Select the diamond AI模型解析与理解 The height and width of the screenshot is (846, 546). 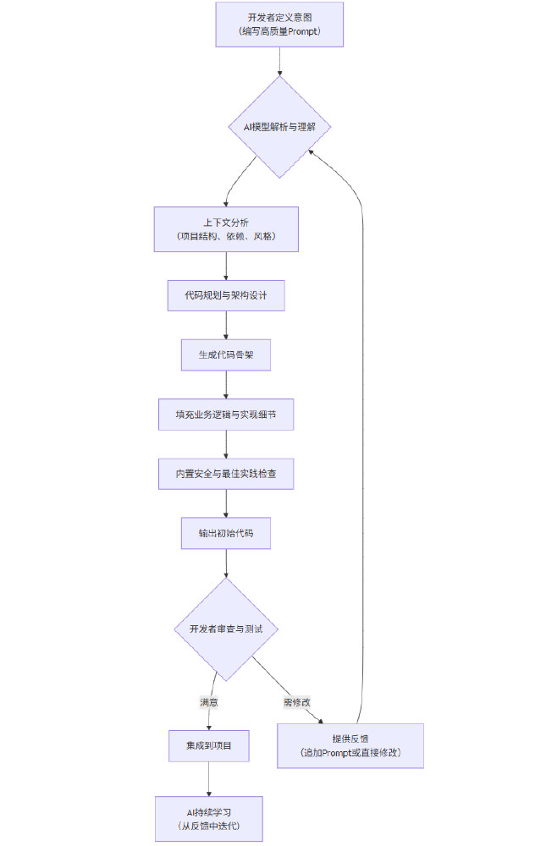coord(279,127)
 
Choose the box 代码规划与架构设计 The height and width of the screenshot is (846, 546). coord(226,296)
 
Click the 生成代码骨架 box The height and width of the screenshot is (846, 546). coord(226,355)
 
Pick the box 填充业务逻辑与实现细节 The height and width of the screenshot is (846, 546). coord(226,415)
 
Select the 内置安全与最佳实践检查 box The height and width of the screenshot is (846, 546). coord(226,475)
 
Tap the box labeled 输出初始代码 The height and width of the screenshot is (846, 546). coord(226,534)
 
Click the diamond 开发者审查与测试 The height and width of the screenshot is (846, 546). coord(226,629)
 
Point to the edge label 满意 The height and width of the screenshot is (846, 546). coord(208,702)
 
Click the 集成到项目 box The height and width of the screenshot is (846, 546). coord(208,746)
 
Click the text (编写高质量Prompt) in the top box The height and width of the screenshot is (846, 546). coord(279,32)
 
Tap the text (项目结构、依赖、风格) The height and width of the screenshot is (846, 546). coord(226,236)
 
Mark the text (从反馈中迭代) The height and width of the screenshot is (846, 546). coord(208,826)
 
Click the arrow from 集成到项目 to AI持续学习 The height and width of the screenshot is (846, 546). coord(208,779)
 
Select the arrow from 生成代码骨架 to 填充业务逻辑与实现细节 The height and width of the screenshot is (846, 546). coord(226,385)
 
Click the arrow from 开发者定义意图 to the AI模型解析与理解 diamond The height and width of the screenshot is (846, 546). coord(279,61)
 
